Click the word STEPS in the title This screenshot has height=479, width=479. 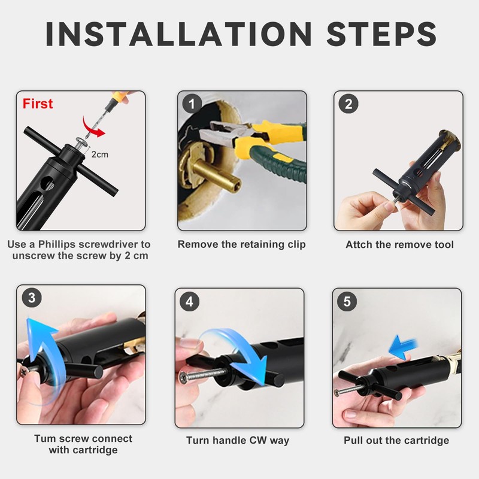pos(381,34)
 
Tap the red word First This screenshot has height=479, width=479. pos(38,104)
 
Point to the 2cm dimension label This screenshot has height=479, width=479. pos(100,154)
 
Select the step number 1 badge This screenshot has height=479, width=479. pos(192,104)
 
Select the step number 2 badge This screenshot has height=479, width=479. pos(348,104)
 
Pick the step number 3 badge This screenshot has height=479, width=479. pos(32,298)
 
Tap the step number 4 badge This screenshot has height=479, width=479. pos(190,302)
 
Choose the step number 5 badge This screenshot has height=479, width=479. pos(347,302)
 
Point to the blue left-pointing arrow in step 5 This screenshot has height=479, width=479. pos(402,347)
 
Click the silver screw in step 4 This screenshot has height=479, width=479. pos(202,375)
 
